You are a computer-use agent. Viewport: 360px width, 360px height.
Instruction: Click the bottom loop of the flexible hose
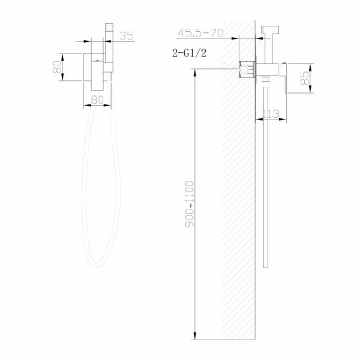pyautogui.click(x=102, y=264)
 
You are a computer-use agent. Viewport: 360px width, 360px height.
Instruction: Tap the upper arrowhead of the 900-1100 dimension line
pyautogui.click(x=196, y=71)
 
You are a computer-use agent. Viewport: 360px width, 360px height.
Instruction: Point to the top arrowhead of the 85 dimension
pyautogui.click(x=310, y=65)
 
